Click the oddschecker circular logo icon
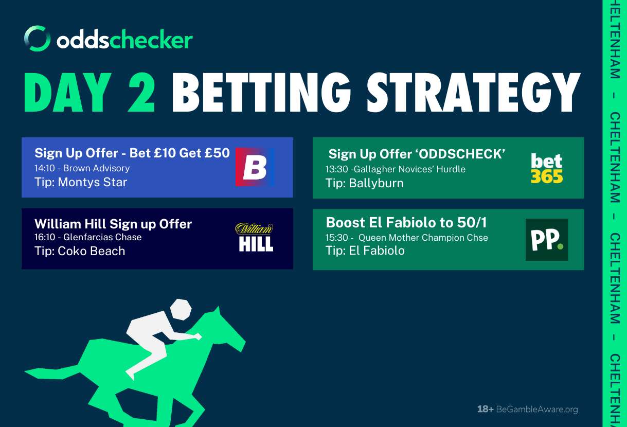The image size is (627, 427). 37,39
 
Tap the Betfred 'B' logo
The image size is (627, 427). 255,167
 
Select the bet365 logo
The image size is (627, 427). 547,168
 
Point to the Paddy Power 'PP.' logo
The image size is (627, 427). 546,240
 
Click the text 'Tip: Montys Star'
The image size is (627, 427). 81,182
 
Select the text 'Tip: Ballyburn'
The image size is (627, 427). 364,183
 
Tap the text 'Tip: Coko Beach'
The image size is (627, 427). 80,251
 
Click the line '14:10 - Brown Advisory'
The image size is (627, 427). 82,168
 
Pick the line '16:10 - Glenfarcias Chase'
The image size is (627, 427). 88,238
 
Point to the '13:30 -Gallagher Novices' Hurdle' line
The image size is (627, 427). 395,169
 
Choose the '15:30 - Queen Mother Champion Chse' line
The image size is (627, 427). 407,238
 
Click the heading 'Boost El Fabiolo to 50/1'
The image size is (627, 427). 406,223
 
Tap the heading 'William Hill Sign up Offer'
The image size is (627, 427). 113,224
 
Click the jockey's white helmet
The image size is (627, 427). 180,310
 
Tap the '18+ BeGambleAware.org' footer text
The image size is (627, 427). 527,410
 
